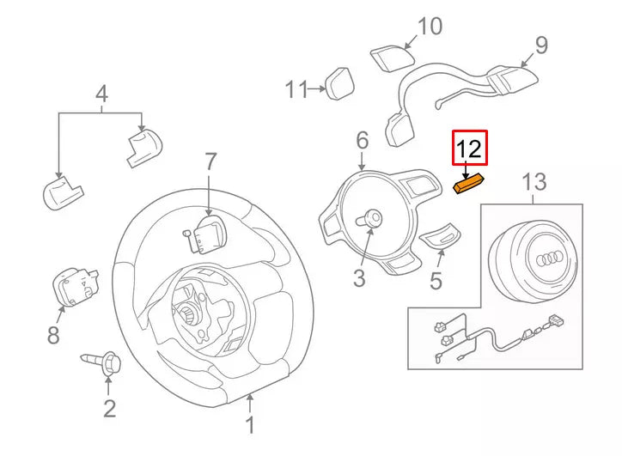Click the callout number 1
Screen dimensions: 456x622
pyautogui.click(x=250, y=425)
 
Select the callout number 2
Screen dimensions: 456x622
pyautogui.click(x=109, y=408)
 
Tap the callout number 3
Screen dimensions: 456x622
pyautogui.click(x=359, y=277)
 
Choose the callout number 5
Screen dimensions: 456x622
pyautogui.click(x=436, y=280)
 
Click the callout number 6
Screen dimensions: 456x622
pyautogui.click(x=362, y=140)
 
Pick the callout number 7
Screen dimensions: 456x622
pyautogui.click(x=211, y=161)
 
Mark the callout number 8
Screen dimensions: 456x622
pyautogui.click(x=53, y=335)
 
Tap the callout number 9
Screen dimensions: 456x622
pyautogui.click(x=540, y=45)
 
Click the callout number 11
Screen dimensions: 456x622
pyautogui.click(x=296, y=88)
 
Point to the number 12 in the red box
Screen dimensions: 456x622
pyautogui.click(x=470, y=149)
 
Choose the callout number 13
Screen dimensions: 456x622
pyautogui.click(x=534, y=181)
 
